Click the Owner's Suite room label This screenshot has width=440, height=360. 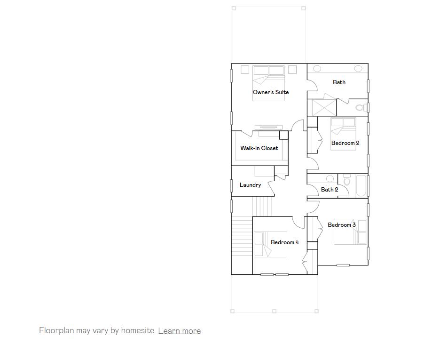tap(271, 92)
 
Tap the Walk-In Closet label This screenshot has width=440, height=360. tap(259, 148)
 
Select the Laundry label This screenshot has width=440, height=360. tap(250, 185)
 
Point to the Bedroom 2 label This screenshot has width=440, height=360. tap(345, 143)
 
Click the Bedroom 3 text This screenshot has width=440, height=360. tap(342, 225)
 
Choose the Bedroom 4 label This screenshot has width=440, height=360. tap(285, 242)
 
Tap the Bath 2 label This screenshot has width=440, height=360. tap(330, 190)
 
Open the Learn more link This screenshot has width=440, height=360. tap(179, 331)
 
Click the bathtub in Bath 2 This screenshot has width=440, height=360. tap(361, 186)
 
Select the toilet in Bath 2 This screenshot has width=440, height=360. tap(347, 180)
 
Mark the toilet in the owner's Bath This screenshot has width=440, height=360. tap(361, 108)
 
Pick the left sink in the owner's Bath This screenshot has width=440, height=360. tap(317, 69)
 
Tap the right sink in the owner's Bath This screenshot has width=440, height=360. tap(358, 69)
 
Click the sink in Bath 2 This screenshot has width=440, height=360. tap(330, 179)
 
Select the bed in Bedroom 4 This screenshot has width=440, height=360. tap(271, 245)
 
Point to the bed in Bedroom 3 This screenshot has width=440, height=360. tap(350, 232)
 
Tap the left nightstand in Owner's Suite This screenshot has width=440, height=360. tap(244, 70)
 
